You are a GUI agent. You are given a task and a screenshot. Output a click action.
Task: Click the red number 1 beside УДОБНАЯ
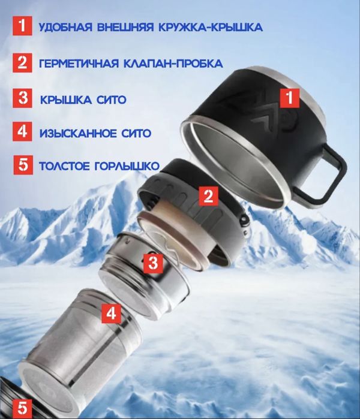coord(22,26)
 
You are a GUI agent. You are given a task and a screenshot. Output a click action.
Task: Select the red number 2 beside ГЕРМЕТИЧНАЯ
coord(22,62)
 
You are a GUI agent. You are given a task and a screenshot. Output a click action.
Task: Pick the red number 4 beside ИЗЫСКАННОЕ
coord(22,131)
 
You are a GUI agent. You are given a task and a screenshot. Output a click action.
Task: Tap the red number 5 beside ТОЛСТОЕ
coord(22,165)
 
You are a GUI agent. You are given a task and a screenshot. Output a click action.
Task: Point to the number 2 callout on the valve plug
coord(208,195)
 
